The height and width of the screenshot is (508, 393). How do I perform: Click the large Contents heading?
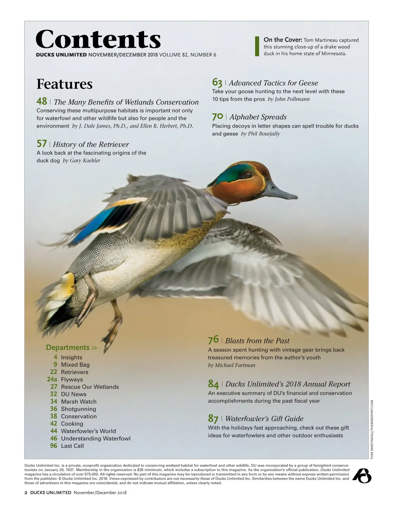(x=98, y=39)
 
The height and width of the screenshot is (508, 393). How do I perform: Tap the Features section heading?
(x=65, y=84)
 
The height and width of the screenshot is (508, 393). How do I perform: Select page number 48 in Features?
(x=42, y=101)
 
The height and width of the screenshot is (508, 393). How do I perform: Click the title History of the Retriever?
(x=91, y=144)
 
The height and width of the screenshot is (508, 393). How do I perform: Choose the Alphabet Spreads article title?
(x=258, y=117)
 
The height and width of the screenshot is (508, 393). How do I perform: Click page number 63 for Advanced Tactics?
(x=217, y=82)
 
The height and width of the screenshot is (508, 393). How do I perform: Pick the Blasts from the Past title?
(x=257, y=341)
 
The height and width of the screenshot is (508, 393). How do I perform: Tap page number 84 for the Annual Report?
(x=213, y=384)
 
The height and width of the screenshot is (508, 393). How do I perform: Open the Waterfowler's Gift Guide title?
(x=264, y=419)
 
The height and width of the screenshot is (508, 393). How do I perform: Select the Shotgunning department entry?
(x=79, y=409)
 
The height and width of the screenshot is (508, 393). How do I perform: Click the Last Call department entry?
(x=72, y=446)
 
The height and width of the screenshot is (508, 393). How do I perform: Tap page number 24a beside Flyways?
(x=52, y=379)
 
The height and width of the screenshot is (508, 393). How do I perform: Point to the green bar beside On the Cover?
(x=257, y=46)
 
